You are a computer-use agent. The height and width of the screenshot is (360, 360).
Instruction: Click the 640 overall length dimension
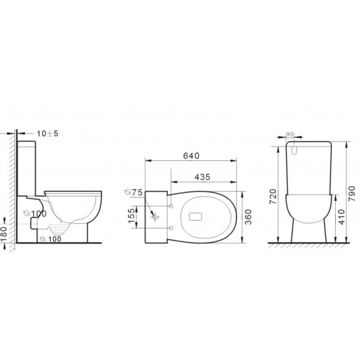(x=189, y=156)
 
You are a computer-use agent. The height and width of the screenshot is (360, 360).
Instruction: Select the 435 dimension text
(x=202, y=177)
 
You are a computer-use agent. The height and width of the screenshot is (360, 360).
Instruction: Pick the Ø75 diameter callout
(x=135, y=192)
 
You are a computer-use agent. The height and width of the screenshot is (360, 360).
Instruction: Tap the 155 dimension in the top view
(x=131, y=215)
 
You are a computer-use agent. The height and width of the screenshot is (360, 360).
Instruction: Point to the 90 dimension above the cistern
(x=290, y=135)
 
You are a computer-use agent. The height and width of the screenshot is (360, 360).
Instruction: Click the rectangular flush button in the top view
(x=196, y=214)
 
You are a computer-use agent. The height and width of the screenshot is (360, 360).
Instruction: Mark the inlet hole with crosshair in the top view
(x=155, y=214)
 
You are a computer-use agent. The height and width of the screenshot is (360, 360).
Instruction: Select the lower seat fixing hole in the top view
(x=171, y=227)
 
